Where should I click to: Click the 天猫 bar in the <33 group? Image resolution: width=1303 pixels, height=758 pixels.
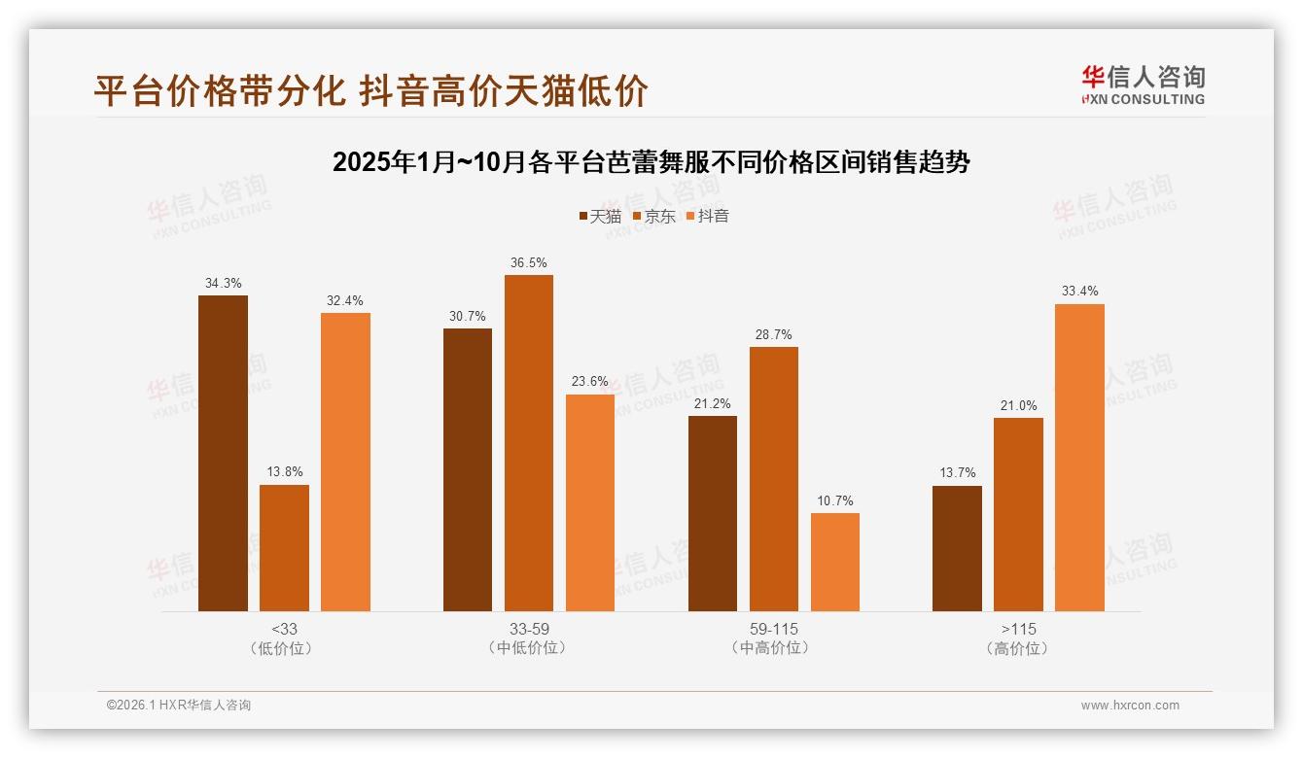[223, 453]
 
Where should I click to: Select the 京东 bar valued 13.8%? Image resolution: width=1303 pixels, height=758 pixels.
[284, 548]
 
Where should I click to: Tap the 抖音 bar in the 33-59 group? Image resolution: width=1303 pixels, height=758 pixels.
[590, 502]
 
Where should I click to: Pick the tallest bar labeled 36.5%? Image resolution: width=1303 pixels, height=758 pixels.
[528, 443]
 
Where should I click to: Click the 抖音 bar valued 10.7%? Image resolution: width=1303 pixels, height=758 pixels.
[835, 562]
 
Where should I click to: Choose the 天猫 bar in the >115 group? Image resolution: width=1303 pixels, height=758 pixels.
[957, 548]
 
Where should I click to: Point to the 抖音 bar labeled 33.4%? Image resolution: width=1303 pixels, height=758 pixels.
[1079, 458]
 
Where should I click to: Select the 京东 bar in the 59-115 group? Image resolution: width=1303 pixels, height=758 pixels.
[773, 479]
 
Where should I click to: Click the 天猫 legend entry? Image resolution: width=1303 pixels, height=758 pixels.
[600, 216]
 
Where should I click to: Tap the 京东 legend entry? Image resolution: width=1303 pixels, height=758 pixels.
[653, 216]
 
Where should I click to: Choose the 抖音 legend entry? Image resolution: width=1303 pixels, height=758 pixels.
[708, 216]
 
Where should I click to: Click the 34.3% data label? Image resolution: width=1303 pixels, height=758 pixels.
[223, 284]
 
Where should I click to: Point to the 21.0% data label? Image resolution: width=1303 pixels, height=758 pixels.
[1018, 406]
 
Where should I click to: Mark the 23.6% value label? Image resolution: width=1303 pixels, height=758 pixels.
[590, 382]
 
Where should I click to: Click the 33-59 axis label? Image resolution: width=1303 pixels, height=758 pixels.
[528, 629]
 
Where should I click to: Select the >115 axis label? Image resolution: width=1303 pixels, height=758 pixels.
[1018, 629]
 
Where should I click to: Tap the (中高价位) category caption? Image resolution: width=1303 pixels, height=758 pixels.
[773, 647]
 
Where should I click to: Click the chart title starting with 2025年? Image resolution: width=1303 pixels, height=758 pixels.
[651, 162]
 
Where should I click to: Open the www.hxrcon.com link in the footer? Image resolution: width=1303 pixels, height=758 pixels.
[1130, 706]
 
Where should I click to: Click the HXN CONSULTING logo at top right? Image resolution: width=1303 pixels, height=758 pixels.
[1143, 86]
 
